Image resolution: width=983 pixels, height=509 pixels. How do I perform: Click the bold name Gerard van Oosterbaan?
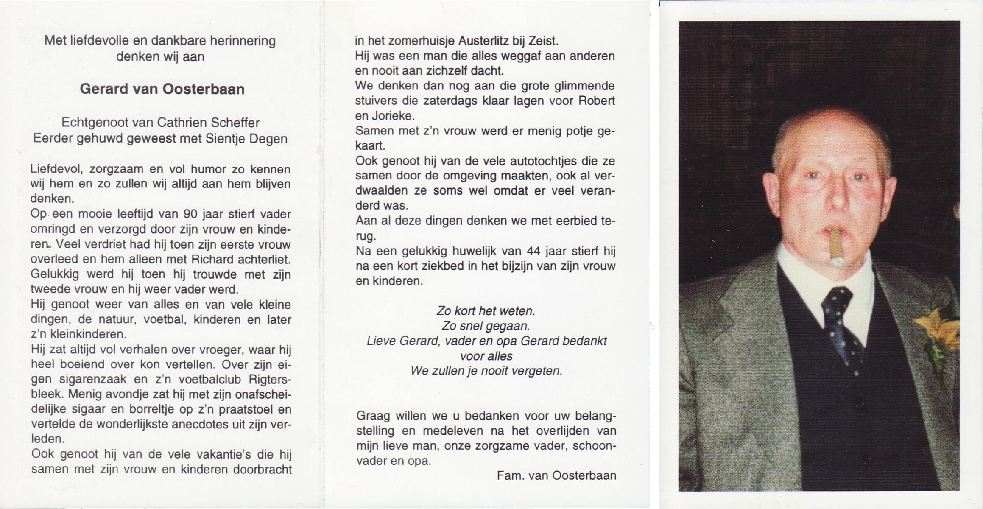[x=162, y=89]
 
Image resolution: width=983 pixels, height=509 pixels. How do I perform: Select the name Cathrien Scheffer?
[x=208, y=123]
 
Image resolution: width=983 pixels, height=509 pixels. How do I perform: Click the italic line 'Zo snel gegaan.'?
[x=486, y=326]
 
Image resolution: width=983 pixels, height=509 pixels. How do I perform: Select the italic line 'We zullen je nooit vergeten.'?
[x=486, y=371]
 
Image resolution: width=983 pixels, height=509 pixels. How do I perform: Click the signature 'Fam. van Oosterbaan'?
[x=556, y=476]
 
